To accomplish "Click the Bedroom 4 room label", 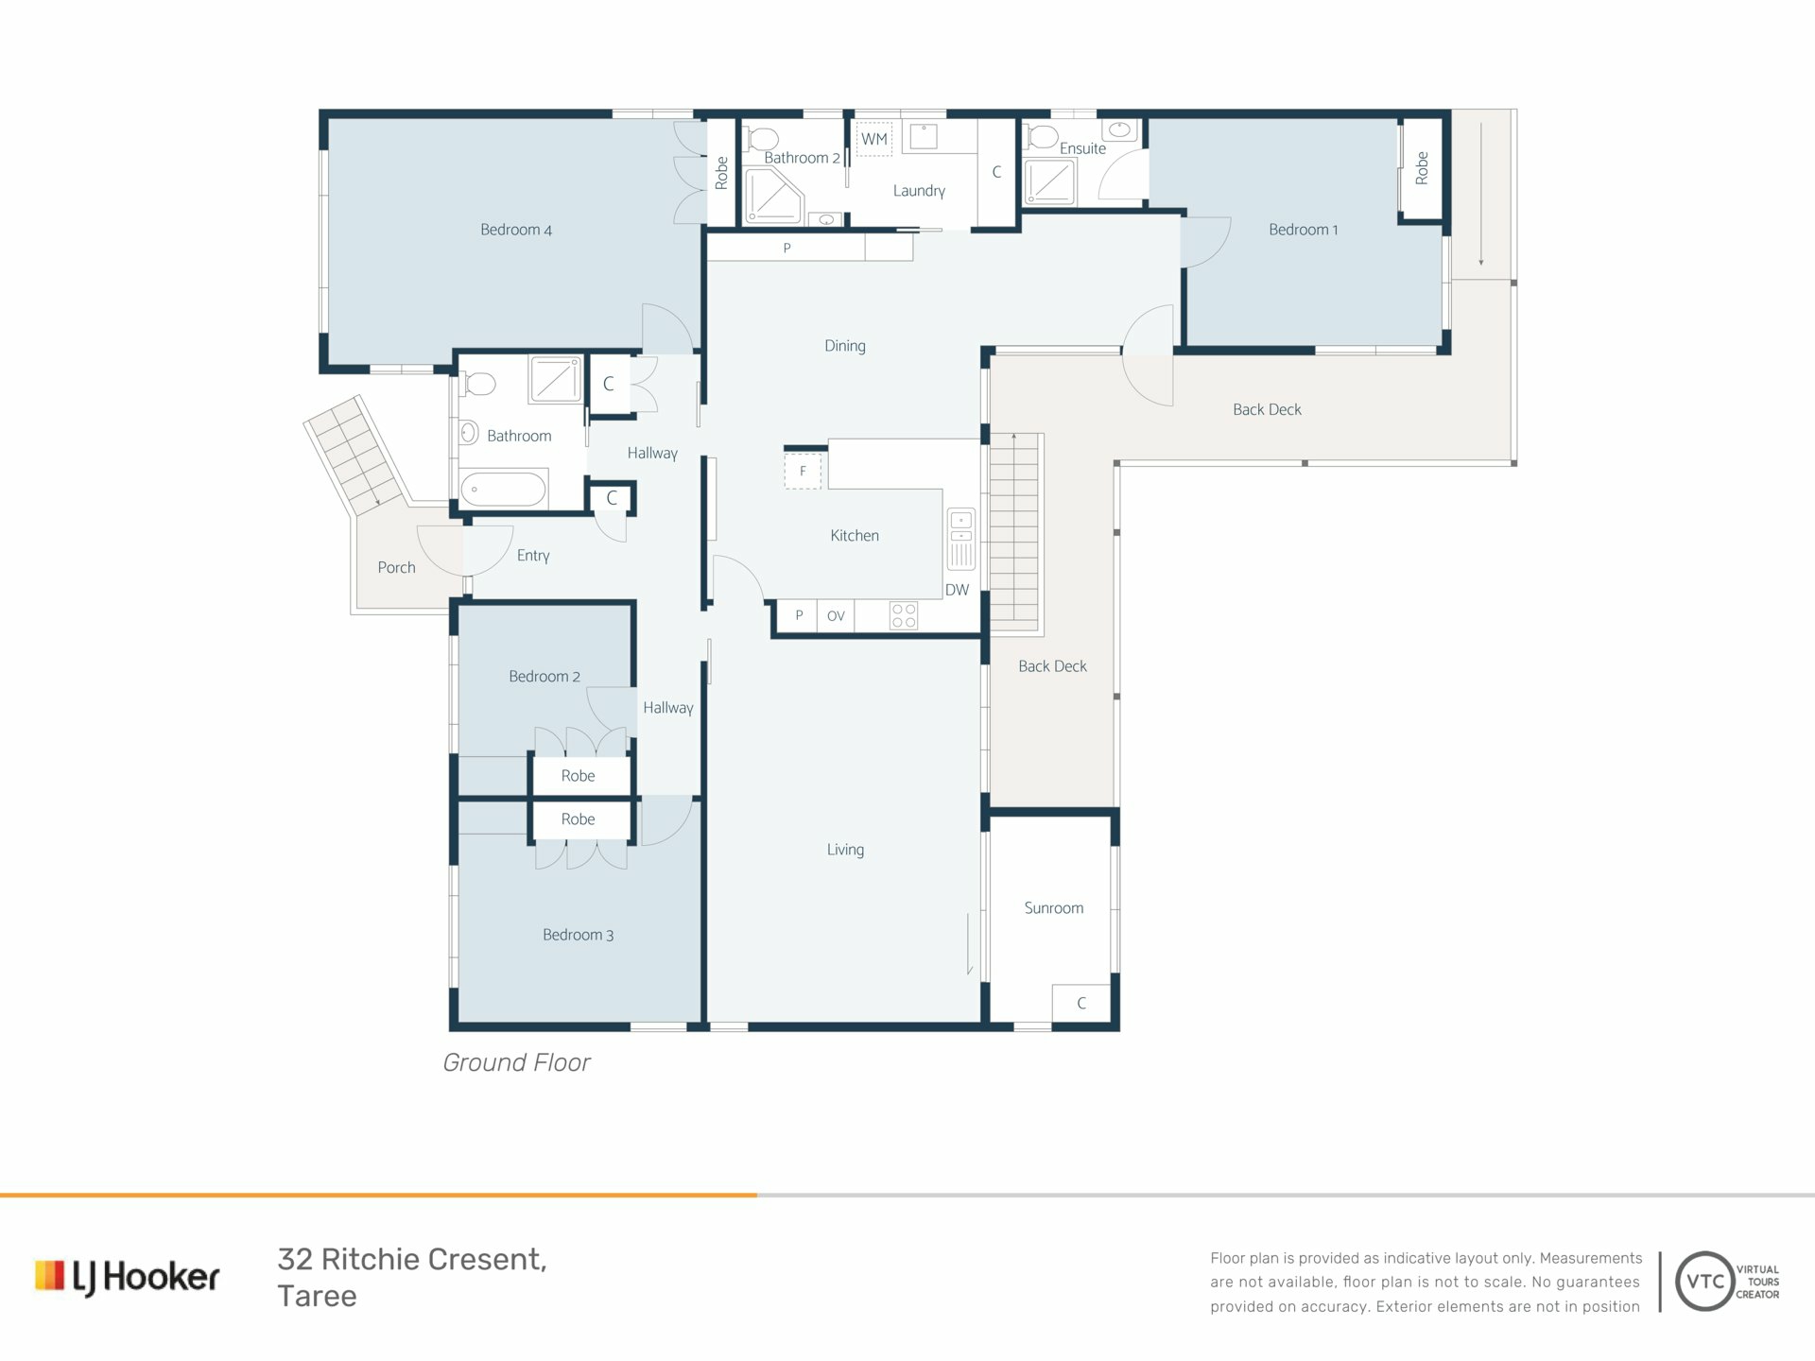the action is (x=515, y=230).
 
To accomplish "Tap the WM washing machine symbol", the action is (x=874, y=139).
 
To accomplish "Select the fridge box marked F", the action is (x=804, y=471).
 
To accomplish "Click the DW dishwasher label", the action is (x=957, y=590).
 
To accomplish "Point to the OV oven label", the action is (x=836, y=616).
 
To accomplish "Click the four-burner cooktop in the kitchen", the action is (x=904, y=616).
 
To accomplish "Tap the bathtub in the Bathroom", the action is (x=503, y=490).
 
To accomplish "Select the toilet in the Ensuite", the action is (x=1042, y=137).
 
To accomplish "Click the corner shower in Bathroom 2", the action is (x=773, y=196).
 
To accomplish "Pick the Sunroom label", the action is (x=1053, y=908).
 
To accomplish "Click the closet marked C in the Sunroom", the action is (x=1081, y=1004).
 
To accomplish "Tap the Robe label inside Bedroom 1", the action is (x=1422, y=168).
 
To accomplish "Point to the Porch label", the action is (x=396, y=567).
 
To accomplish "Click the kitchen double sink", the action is (x=961, y=540).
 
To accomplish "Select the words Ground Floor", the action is (x=516, y=1062).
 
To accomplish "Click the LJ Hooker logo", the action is (x=128, y=1278).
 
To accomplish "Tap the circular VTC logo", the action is (x=1705, y=1282).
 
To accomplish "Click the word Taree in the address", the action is (x=317, y=1296).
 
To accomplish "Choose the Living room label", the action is (x=845, y=850).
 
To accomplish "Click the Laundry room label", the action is (x=919, y=191).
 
